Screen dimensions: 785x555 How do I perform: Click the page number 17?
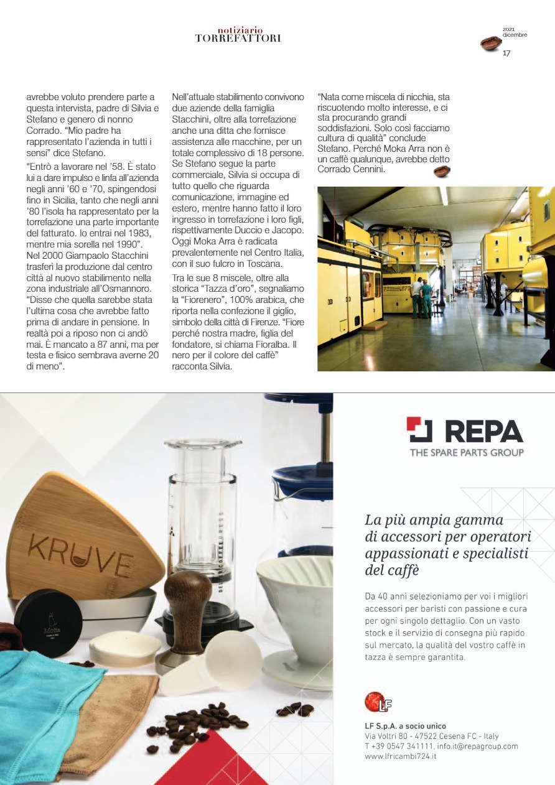[x=506, y=53]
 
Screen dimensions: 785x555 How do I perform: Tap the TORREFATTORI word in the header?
[x=238, y=38]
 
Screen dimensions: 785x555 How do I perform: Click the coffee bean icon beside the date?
[x=492, y=44]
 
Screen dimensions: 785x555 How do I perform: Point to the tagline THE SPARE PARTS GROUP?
[x=466, y=453]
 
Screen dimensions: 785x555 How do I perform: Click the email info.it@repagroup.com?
[x=478, y=746]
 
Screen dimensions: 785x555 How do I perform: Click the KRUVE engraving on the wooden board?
[x=77, y=548]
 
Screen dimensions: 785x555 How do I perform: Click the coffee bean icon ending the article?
[x=442, y=172]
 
